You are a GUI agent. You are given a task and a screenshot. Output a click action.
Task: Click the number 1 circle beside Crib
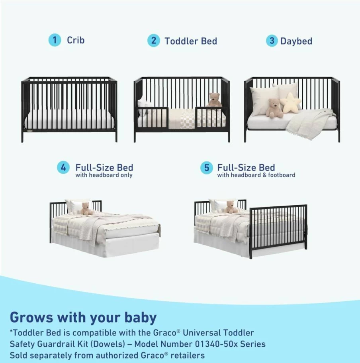tap(55, 40)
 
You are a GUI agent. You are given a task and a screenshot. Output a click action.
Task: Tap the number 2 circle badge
tap(154, 41)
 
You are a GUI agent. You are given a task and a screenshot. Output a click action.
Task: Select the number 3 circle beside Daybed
tap(272, 41)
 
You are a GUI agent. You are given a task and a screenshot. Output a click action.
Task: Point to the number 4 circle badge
tap(63, 167)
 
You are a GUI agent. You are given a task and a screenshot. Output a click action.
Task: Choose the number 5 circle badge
tap(207, 168)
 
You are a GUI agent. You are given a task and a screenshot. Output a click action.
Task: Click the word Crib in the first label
tap(76, 40)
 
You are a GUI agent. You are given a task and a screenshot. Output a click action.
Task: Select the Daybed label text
tap(296, 41)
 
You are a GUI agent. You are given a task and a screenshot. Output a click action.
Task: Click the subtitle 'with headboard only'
tap(104, 175)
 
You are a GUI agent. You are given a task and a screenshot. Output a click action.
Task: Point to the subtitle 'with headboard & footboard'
tap(256, 175)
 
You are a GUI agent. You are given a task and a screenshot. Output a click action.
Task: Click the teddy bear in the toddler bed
tap(215, 100)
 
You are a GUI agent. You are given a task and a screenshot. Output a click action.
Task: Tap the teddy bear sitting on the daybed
tap(275, 108)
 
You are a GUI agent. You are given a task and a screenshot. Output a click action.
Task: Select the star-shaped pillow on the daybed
tap(291, 103)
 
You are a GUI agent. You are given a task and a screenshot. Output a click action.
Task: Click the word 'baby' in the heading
tap(141, 317)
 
